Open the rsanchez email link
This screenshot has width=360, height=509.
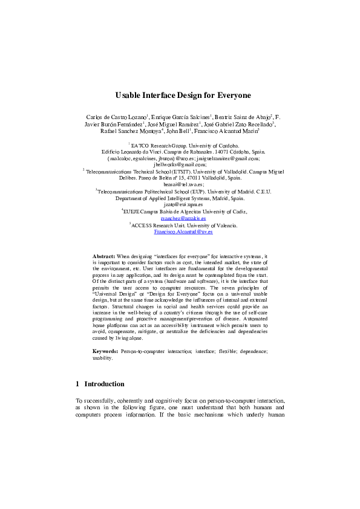(x=180, y=218)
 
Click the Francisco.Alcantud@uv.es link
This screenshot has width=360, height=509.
(x=180, y=232)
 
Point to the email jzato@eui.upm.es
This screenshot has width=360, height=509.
(x=180, y=205)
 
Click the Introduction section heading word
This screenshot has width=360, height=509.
(x=104, y=384)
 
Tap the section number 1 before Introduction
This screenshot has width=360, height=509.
(x=77, y=384)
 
